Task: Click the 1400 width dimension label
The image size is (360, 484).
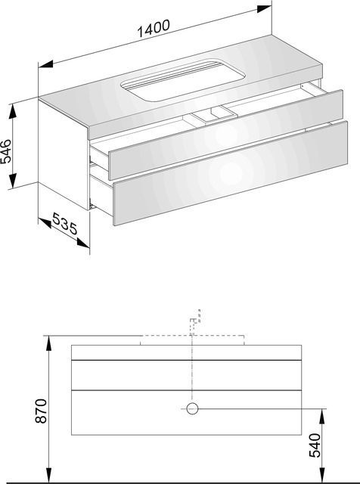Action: [x=153, y=28]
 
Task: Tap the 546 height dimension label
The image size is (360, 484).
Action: [x=6, y=151]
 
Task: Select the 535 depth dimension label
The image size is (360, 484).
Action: [x=65, y=223]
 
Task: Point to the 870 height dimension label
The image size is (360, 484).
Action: [x=40, y=411]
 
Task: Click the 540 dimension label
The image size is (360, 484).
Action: [x=315, y=445]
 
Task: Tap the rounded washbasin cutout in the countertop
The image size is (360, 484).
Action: [x=183, y=79]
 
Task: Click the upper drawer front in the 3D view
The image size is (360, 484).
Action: [x=225, y=135]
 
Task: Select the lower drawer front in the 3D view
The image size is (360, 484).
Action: [x=231, y=173]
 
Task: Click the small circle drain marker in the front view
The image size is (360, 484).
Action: [x=192, y=408]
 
